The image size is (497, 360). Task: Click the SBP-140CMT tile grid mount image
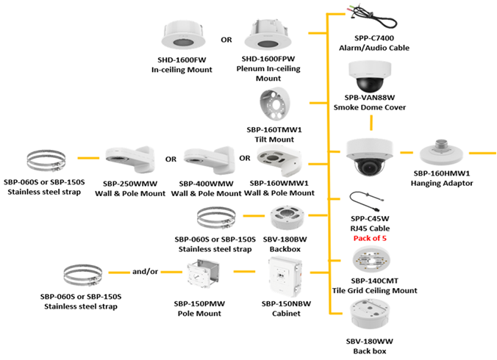(373, 260)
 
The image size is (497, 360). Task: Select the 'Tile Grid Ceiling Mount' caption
(374, 290)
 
